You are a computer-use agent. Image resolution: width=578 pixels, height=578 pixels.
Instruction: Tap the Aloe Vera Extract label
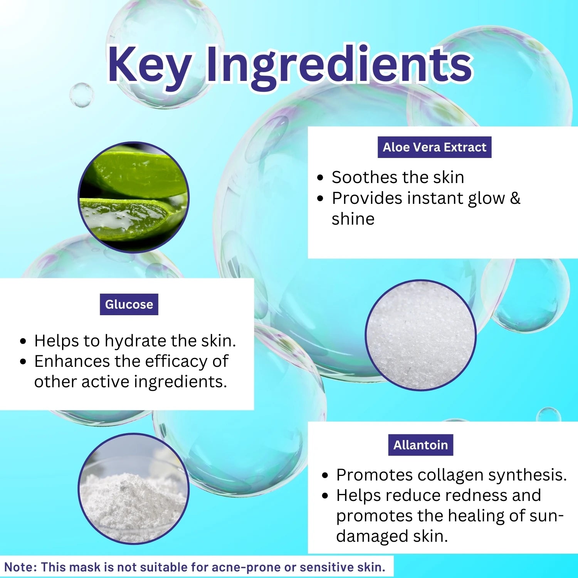[x=434, y=147]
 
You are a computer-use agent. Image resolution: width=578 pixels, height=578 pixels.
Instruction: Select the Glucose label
[x=129, y=304]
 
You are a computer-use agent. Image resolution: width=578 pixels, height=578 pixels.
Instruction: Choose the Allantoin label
[x=420, y=445]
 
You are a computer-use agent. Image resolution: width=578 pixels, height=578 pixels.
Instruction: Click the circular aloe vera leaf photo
[x=133, y=197]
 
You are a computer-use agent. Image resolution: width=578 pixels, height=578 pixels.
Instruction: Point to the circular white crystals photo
[x=420, y=335]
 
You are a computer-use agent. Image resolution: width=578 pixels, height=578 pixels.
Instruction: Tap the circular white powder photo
[x=133, y=489]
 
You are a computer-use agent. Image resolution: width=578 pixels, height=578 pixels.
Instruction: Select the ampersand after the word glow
[x=515, y=198]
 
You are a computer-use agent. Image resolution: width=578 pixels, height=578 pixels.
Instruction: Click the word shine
[x=353, y=219]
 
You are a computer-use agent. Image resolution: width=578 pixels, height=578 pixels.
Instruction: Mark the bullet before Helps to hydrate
[x=24, y=341]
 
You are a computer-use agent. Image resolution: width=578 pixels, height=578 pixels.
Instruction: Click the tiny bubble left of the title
[x=81, y=95]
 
